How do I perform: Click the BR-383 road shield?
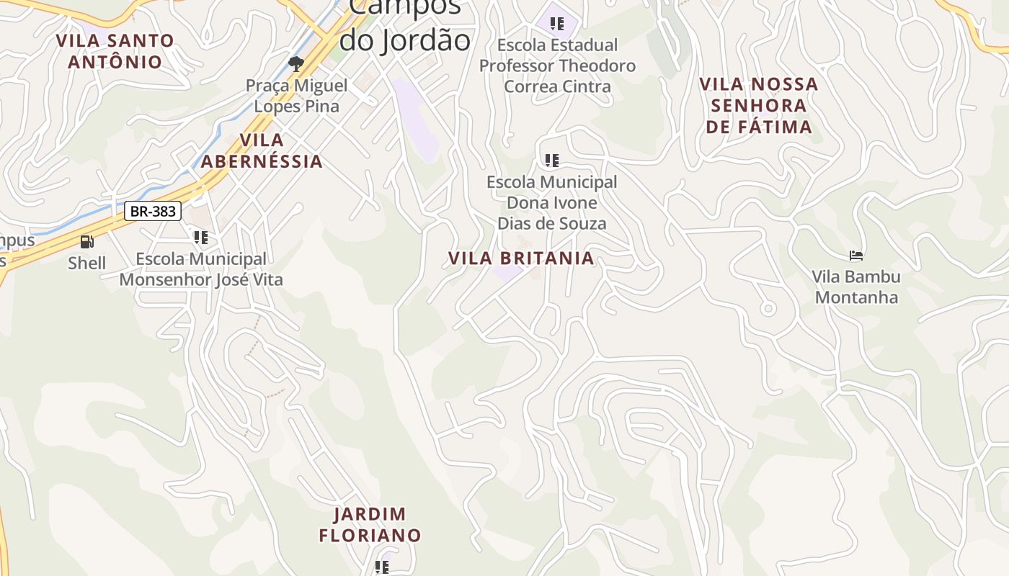153,212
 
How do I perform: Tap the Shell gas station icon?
86,242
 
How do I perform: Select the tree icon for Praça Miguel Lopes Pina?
295,64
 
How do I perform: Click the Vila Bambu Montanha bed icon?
856,255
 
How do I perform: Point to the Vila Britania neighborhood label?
521,258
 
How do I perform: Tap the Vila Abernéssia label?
262,150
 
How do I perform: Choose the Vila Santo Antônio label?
115,51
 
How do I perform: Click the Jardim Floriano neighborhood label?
370,525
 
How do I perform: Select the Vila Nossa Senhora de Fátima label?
759,105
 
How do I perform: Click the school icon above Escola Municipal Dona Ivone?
552,160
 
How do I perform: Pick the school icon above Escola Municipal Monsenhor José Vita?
201,237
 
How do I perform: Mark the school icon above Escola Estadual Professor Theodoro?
557,23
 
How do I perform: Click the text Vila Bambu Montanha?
856,287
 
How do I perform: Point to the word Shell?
86,264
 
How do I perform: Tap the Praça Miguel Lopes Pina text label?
296,96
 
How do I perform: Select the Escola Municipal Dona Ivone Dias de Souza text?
552,203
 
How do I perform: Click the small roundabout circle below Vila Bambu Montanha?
768,309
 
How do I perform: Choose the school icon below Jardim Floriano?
382,567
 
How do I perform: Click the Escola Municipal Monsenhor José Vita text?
201,269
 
